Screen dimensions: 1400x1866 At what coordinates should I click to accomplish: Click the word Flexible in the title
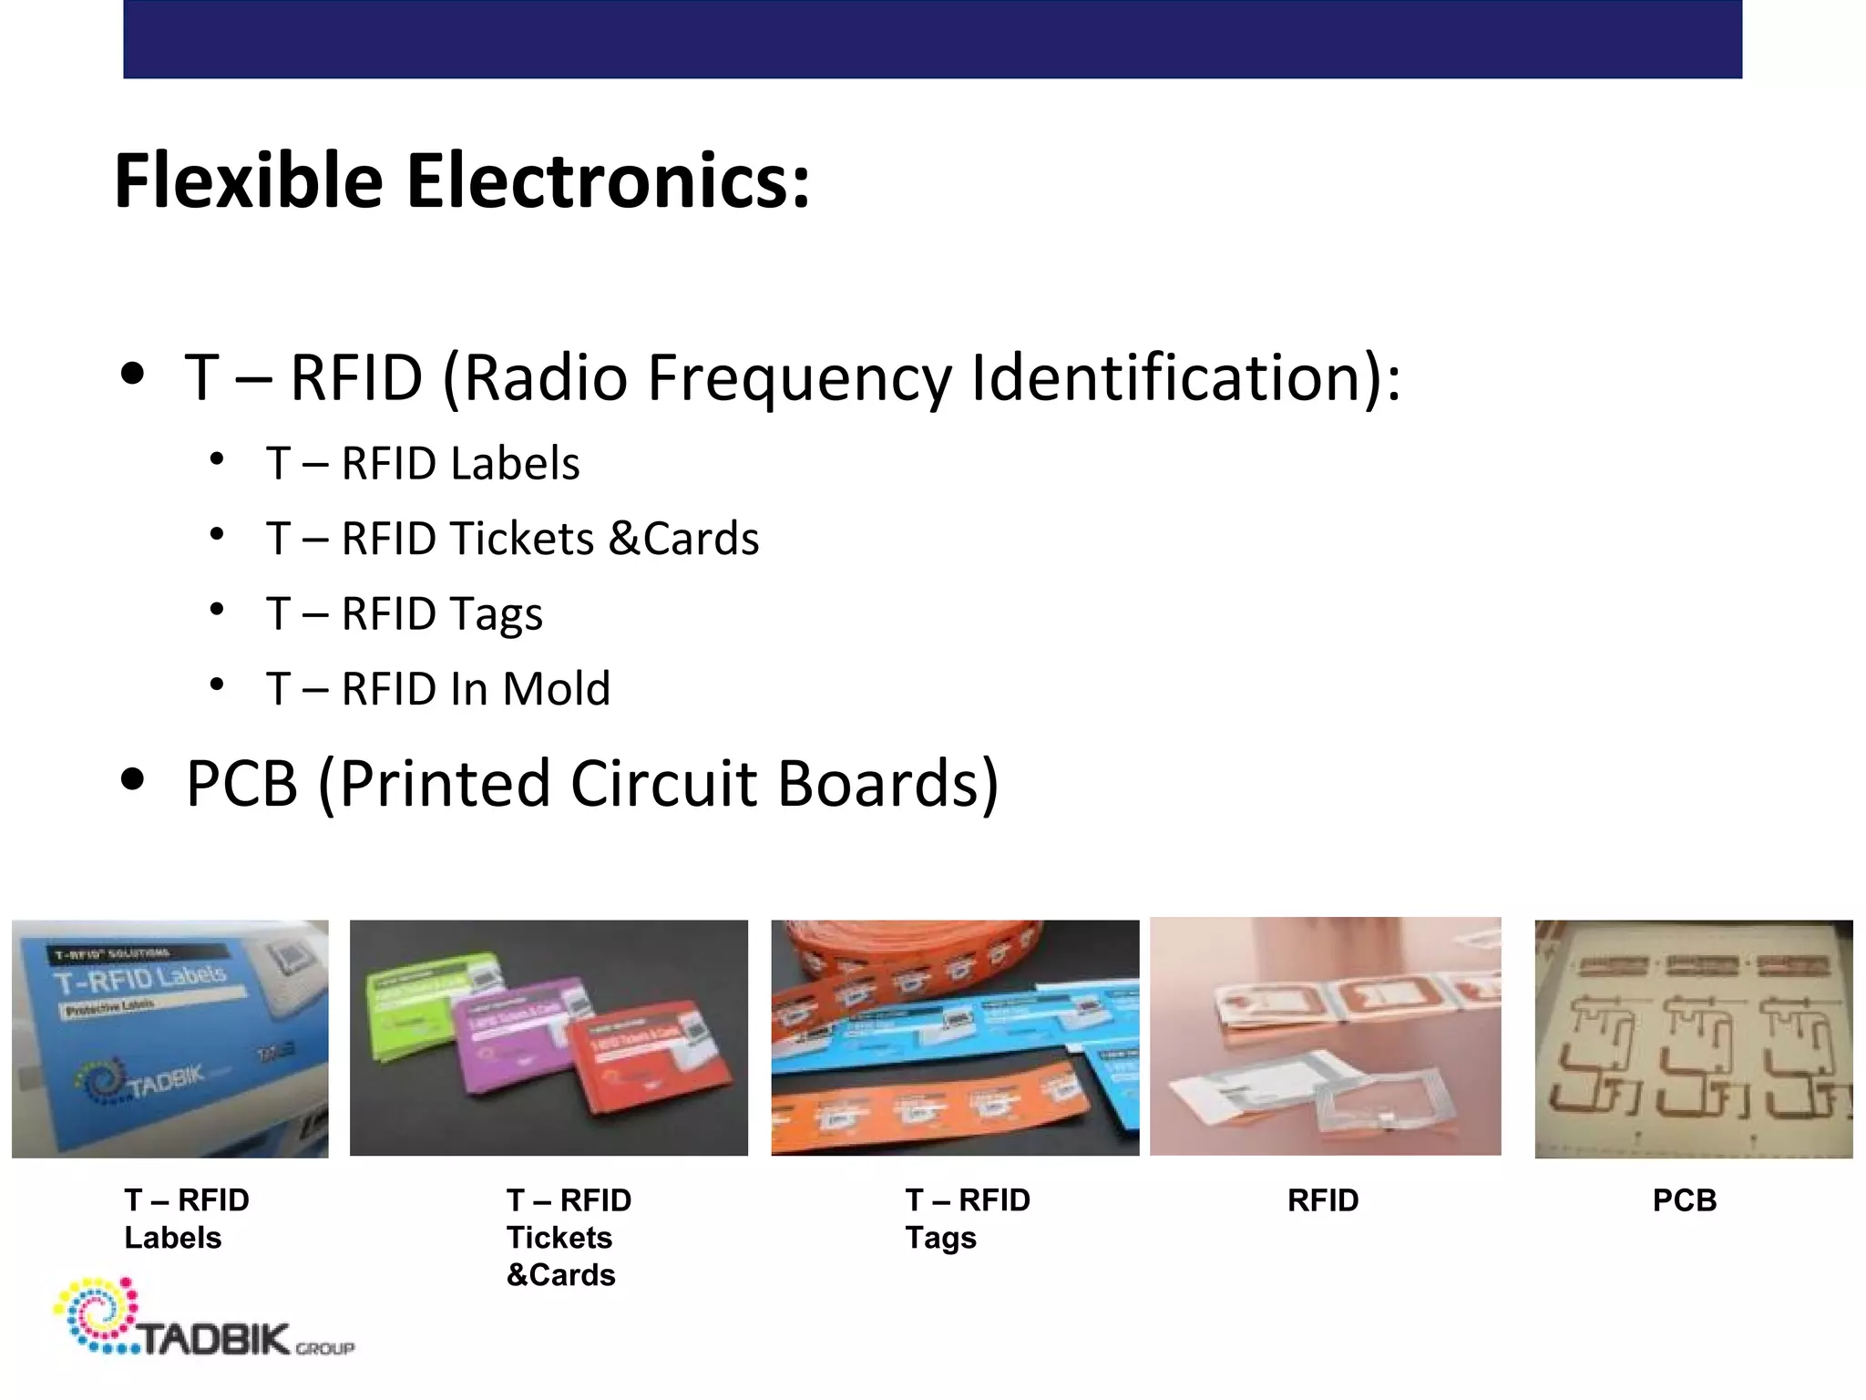249,180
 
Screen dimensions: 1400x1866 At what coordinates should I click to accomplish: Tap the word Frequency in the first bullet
799,377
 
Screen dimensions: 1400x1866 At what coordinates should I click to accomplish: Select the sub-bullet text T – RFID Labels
423,463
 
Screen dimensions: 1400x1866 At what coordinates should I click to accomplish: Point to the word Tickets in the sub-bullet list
521,538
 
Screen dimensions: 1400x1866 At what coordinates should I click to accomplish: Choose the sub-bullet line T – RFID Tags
405,613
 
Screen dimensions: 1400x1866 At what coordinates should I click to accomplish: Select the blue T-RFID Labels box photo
169,1038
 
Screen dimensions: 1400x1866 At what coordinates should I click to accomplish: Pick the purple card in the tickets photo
519,1039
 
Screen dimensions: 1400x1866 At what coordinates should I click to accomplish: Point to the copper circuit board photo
1693,1039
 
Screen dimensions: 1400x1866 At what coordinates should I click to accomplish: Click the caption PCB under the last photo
1684,1200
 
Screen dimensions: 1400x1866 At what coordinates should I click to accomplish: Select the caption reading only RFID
1322,1200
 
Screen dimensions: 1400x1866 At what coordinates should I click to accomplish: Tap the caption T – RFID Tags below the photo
966,1219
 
